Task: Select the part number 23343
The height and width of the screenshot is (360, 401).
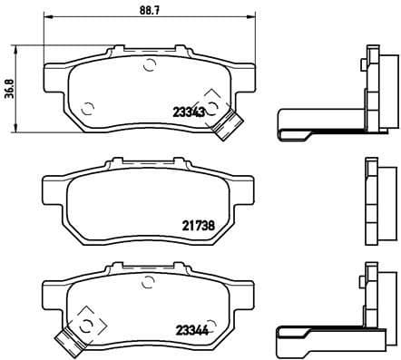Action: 188,112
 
